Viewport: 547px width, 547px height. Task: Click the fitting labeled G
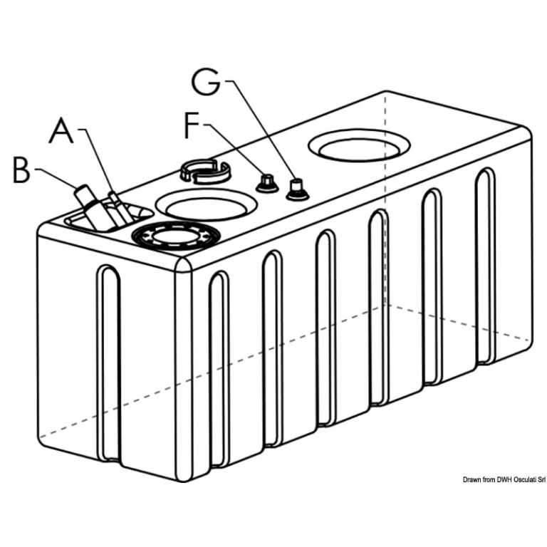[296, 189]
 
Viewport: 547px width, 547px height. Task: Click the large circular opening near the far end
[360, 147]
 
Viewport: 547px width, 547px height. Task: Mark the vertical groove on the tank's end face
[110, 363]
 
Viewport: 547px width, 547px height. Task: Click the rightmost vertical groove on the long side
[485, 264]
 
